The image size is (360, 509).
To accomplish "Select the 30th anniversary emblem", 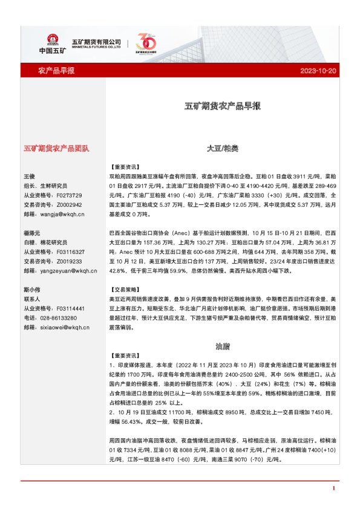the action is coord(147,44).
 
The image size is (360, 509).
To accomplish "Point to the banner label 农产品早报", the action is coord(56,71).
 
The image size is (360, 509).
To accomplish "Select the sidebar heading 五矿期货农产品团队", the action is coord(56,148).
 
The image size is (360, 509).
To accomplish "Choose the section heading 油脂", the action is coord(223,347).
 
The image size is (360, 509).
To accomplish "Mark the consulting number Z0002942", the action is coord(68,205).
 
